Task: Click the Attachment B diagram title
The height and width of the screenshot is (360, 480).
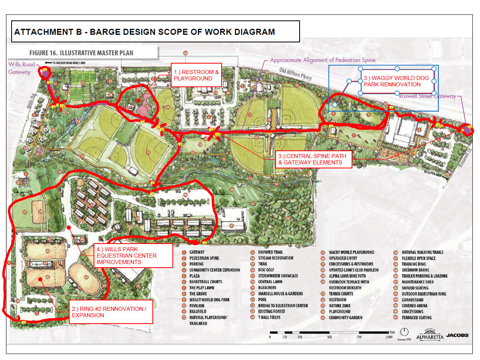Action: pyautogui.click(x=144, y=32)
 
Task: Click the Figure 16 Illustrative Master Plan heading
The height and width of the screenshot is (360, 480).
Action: pyautogui.click(x=81, y=53)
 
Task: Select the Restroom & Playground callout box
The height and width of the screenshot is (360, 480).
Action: pyautogui.click(x=196, y=75)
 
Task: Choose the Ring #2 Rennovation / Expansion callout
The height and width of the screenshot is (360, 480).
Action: pyautogui.click(x=111, y=312)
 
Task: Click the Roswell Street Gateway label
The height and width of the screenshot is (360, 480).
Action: pyautogui.click(x=428, y=96)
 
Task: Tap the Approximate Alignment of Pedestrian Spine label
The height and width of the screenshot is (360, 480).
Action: pyautogui.click(x=323, y=60)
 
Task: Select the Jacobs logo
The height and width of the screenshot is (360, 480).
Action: pyautogui.click(x=457, y=336)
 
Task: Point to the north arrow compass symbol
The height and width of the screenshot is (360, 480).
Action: pyautogui.click(x=405, y=332)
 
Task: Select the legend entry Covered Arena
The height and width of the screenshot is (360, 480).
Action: pyautogui.click(x=414, y=306)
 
